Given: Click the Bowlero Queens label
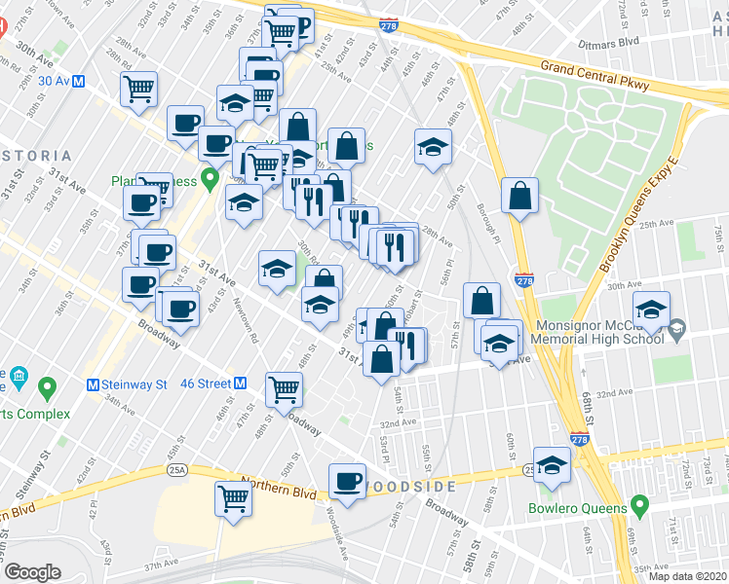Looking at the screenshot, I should pos(576,507).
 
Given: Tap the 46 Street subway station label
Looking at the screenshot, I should pos(203,383).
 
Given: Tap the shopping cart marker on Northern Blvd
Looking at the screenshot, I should pos(234,499).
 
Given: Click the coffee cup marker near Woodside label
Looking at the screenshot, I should pos(347,481).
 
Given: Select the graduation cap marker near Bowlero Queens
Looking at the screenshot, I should pos(552,464).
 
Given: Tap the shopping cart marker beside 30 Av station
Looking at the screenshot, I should pos(138,89).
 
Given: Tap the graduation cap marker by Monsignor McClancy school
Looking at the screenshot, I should pos(651,310).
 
